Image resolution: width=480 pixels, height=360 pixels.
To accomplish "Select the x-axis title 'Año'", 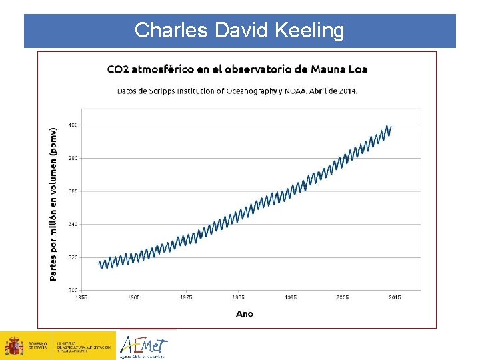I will click(x=244, y=313).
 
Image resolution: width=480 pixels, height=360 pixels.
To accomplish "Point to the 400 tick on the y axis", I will click(x=73, y=125).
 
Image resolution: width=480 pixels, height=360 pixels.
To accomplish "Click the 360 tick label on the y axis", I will click(x=73, y=191).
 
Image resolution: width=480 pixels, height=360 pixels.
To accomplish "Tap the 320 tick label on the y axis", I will click(x=73, y=257).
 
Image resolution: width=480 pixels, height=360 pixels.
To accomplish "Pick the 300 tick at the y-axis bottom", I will click(x=73, y=290).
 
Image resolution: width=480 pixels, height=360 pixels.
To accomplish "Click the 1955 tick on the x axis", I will click(x=82, y=297).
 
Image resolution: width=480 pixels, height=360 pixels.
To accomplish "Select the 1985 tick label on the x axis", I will click(x=238, y=297).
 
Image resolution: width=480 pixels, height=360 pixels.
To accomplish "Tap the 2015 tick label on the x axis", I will click(x=394, y=297).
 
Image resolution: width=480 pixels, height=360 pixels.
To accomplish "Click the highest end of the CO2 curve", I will click(x=391, y=126).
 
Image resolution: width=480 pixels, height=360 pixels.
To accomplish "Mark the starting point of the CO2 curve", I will click(x=99, y=263).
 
